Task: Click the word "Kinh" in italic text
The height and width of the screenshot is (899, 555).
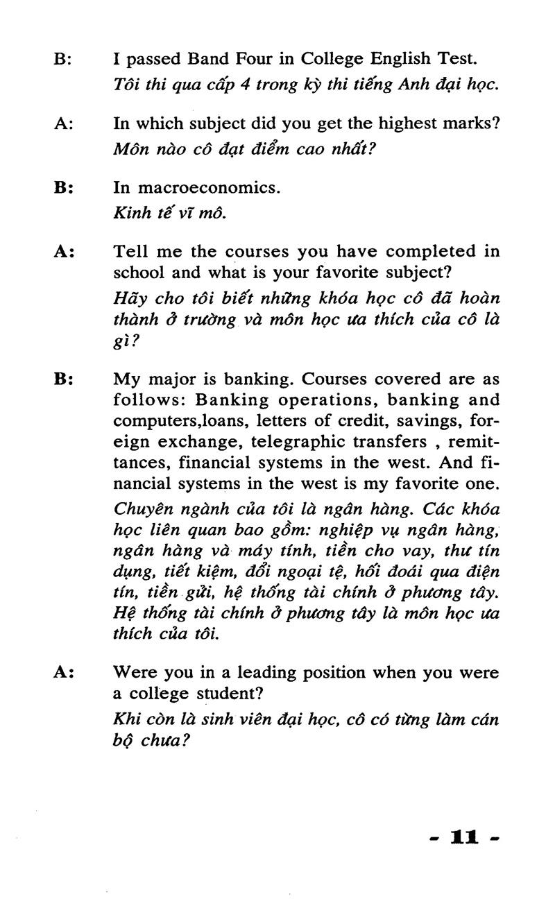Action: point(130,213)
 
